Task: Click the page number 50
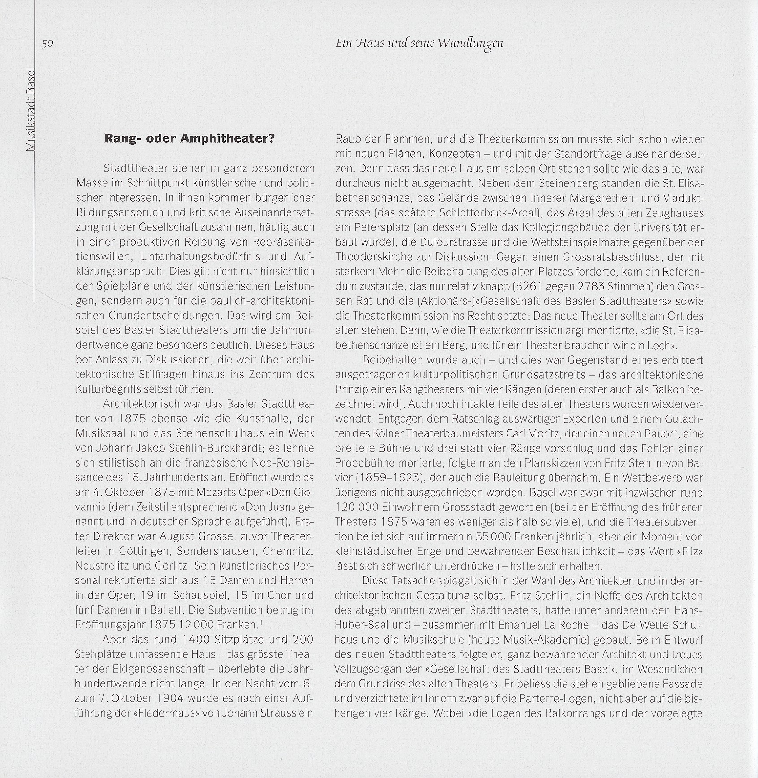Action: pyautogui.click(x=47, y=43)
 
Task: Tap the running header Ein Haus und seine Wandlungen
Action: pyautogui.click(x=419, y=43)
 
